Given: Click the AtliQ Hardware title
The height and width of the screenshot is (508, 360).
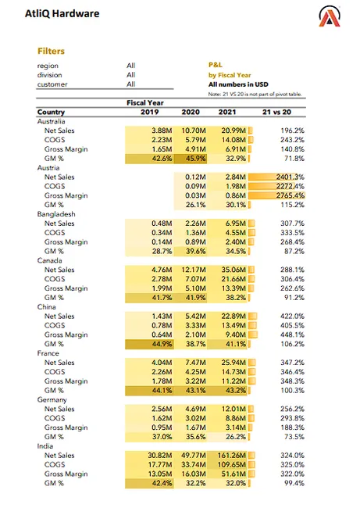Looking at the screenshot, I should point(62,14).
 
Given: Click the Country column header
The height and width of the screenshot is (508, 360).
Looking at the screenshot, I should point(51,112).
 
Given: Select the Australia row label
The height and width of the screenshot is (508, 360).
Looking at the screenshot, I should point(52,121).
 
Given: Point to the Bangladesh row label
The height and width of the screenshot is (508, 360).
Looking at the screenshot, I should point(56,213).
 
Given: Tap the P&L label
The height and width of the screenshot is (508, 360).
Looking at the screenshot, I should point(216,66).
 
